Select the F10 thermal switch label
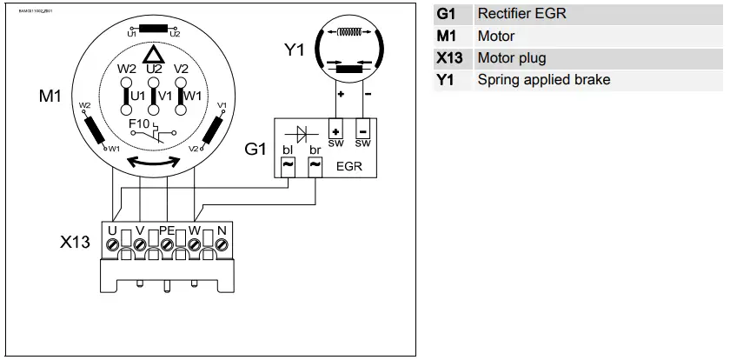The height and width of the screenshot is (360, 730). [139, 124]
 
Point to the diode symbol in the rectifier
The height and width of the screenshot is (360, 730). [301, 133]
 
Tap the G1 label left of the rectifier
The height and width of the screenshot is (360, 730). [254, 150]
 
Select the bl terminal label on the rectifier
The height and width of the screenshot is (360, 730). [287, 150]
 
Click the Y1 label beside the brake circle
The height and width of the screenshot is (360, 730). [295, 51]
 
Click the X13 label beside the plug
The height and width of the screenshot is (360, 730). [75, 243]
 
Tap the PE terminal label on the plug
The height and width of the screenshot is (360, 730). [168, 231]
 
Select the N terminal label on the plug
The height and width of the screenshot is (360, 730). [222, 231]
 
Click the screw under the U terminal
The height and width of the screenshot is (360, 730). [112, 246]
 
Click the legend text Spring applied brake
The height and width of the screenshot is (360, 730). [543, 80]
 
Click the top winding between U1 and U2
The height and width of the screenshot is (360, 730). [154, 26]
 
